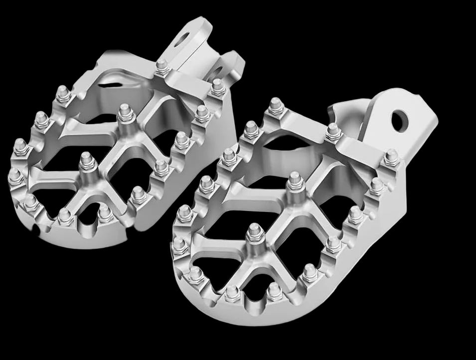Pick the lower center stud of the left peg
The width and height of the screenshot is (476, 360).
[87, 161]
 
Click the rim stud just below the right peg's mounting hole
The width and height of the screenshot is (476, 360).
[392, 158]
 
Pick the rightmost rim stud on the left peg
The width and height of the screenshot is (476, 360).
[217, 88]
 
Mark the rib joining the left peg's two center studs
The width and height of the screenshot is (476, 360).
[106, 139]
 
